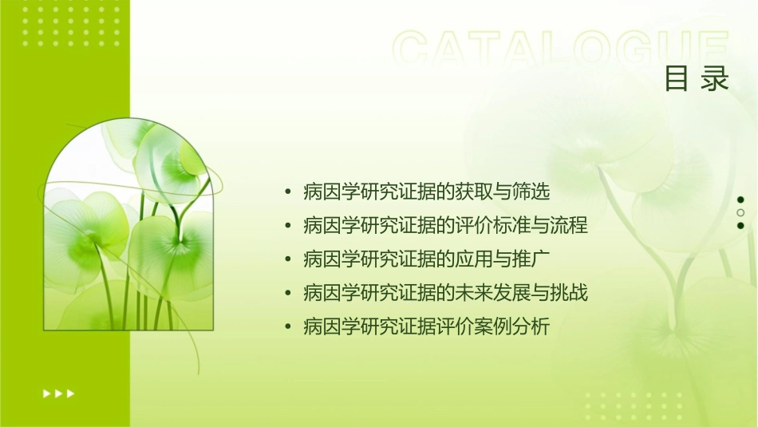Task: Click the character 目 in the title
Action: (677, 79)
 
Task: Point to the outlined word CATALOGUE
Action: (561, 49)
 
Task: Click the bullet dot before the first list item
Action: (287, 193)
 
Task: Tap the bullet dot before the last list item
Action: (287, 327)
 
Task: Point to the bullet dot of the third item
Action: (287, 260)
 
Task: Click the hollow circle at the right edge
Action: (740, 212)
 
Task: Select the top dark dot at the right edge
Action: (740, 200)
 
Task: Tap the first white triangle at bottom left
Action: (46, 393)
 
